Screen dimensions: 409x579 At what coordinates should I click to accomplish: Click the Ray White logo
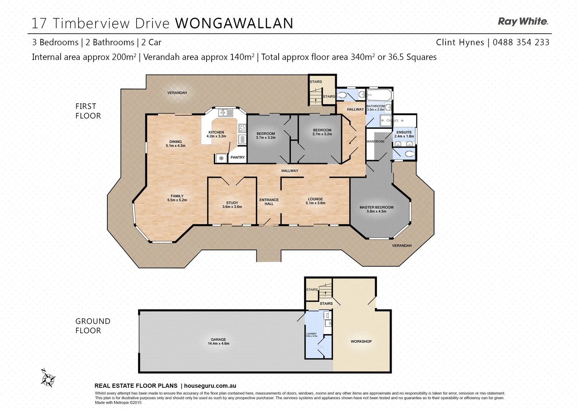(523, 22)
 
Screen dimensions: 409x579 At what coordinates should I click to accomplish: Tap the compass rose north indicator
(48, 378)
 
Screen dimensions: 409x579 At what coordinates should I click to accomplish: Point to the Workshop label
(361, 341)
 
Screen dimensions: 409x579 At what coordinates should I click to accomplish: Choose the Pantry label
(238, 157)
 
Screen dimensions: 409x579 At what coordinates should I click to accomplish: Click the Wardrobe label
(375, 141)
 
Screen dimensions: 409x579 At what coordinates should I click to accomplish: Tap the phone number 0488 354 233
(521, 42)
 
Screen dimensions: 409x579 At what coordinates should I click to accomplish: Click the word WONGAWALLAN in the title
(234, 23)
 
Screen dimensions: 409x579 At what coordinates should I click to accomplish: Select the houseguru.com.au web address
(210, 386)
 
